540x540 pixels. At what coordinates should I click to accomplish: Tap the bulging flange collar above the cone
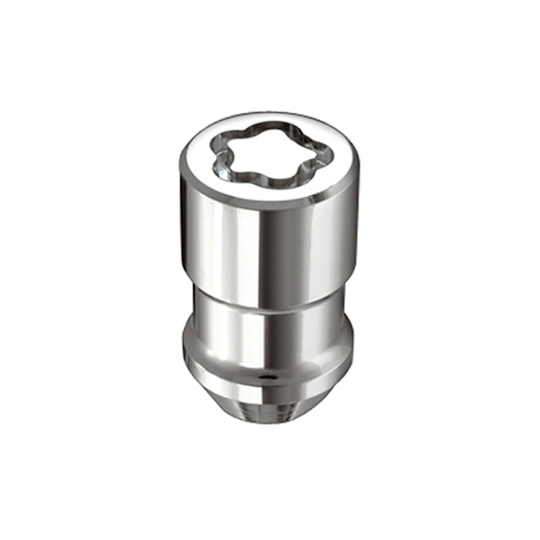tap(223, 358)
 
